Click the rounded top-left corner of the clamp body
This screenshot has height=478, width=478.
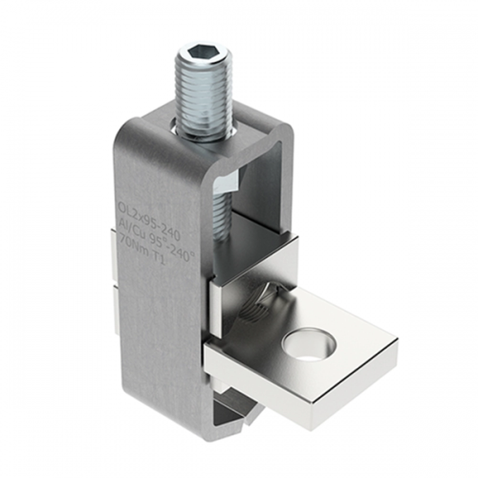pyautogui.click(x=122, y=131)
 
